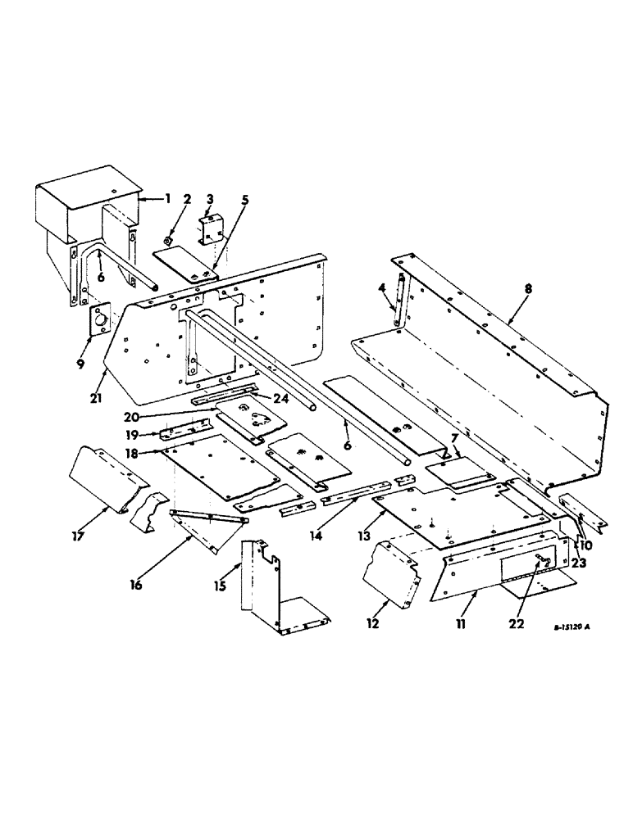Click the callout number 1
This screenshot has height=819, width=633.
coord(168,198)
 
